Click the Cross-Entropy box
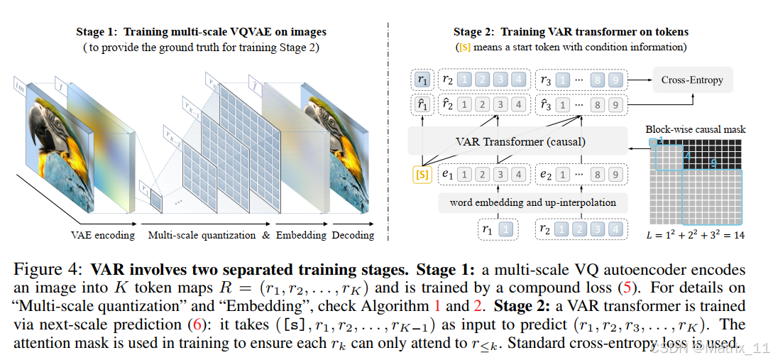pos(692,80)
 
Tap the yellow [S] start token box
pos(422,174)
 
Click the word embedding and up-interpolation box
pos(533,202)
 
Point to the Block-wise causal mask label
pos(695,129)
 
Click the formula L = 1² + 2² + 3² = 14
pos(696,235)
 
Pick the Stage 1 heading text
pos(202,32)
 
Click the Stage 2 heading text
pos(571,32)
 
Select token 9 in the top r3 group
pos(615,80)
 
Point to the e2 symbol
pos(546,174)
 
